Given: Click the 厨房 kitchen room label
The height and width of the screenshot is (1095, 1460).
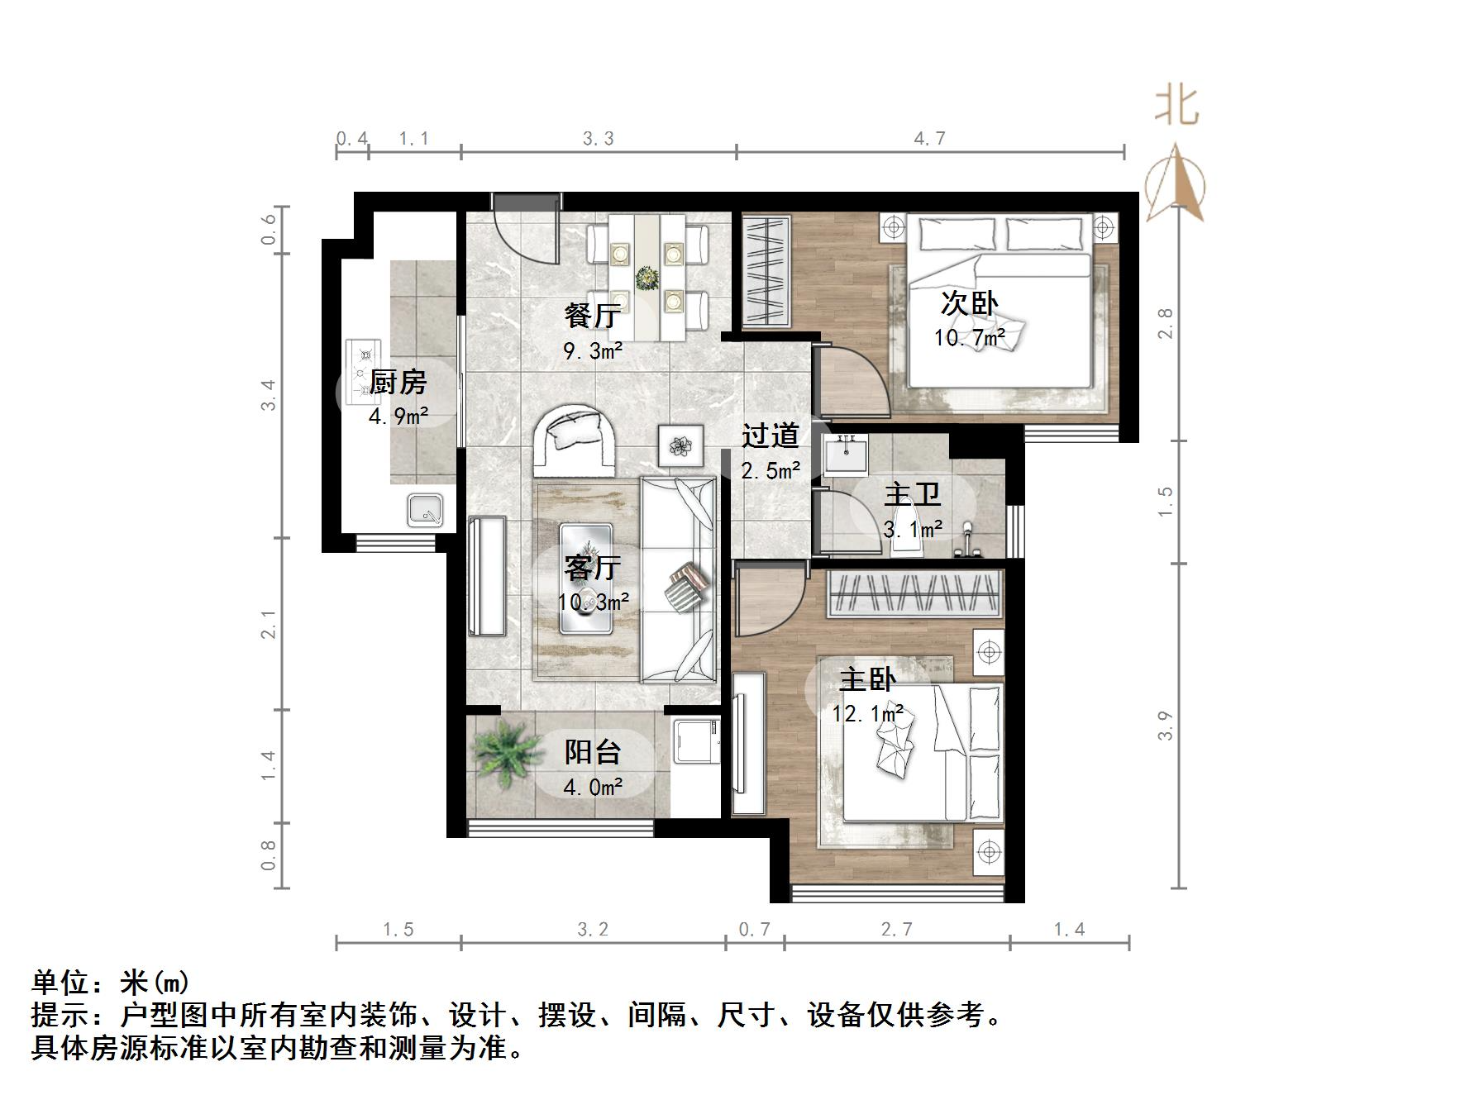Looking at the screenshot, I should click(398, 382).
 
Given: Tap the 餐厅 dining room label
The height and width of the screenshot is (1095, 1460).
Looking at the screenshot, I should click(592, 315).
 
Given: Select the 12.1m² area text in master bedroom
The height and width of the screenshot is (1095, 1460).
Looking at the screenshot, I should click(867, 713).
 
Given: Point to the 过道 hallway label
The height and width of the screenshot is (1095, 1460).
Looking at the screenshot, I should click(770, 436).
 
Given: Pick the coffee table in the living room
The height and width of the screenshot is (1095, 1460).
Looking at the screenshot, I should click(585, 578).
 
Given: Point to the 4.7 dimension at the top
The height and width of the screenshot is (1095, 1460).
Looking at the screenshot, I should click(929, 139).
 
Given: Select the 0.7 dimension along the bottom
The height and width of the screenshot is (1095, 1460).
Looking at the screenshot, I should click(754, 930).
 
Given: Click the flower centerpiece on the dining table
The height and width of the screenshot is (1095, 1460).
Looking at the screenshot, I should click(647, 278).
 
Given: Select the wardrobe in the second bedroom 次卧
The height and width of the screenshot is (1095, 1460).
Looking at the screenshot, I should click(766, 270).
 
